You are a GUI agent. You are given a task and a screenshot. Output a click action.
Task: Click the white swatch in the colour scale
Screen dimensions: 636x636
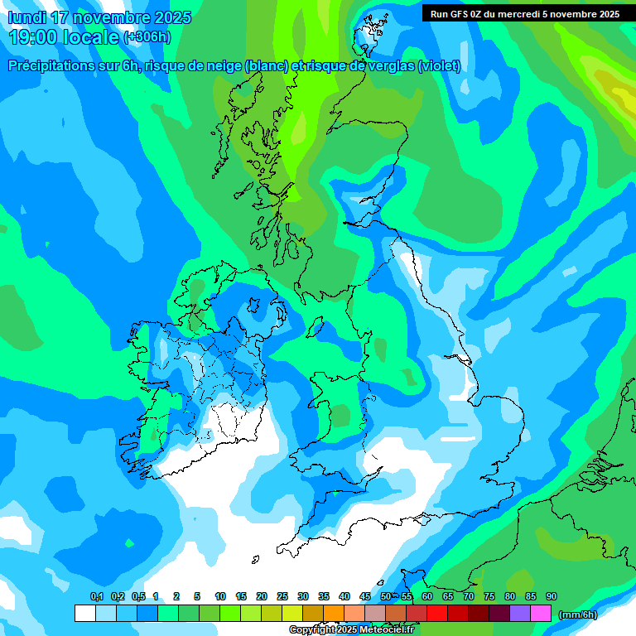click(x=84, y=613)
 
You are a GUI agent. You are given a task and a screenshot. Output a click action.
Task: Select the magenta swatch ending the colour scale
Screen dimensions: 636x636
click(x=541, y=613)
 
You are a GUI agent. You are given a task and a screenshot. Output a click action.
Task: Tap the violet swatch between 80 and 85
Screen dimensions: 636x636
click(x=520, y=613)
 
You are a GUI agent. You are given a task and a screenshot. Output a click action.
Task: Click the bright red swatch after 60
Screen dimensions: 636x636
click(x=437, y=613)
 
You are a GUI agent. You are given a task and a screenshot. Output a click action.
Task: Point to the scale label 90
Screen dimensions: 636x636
click(x=551, y=596)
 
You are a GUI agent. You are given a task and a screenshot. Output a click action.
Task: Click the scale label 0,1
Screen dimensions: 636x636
click(x=97, y=596)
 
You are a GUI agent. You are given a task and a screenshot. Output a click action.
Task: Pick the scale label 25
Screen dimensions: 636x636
click(x=282, y=596)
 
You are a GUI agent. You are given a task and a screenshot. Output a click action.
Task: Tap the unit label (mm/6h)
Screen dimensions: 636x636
click(x=578, y=614)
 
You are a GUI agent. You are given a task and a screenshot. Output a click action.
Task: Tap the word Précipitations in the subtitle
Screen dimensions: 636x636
click(x=52, y=66)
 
